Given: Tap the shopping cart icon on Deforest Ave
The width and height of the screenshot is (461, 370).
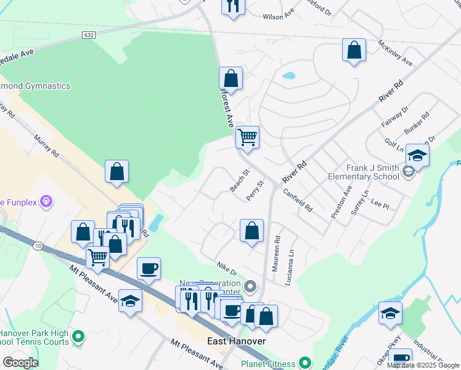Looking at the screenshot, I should (x=247, y=137).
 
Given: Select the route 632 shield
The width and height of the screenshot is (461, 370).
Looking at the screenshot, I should (x=89, y=36).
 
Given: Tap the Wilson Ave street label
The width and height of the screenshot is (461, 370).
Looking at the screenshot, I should (x=279, y=17).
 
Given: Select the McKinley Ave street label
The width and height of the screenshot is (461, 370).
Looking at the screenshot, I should (x=395, y=53).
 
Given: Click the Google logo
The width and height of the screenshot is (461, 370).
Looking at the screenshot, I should (x=20, y=363).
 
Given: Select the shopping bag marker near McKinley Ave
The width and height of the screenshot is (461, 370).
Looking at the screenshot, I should (x=354, y=51).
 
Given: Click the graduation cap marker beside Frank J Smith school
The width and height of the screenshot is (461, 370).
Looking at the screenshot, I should (x=417, y=157).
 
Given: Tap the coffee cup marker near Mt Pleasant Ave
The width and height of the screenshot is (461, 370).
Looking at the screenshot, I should (x=149, y=269).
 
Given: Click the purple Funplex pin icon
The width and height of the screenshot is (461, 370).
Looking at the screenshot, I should (x=46, y=201).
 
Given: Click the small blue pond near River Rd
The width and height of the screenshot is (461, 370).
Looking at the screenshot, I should (x=288, y=77).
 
